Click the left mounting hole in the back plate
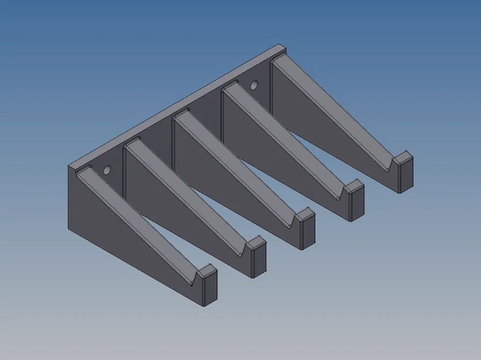pyautogui.click(x=107, y=170)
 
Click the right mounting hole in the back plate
pyautogui.click(x=253, y=86)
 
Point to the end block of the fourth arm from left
pyautogui.click(x=355, y=201)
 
